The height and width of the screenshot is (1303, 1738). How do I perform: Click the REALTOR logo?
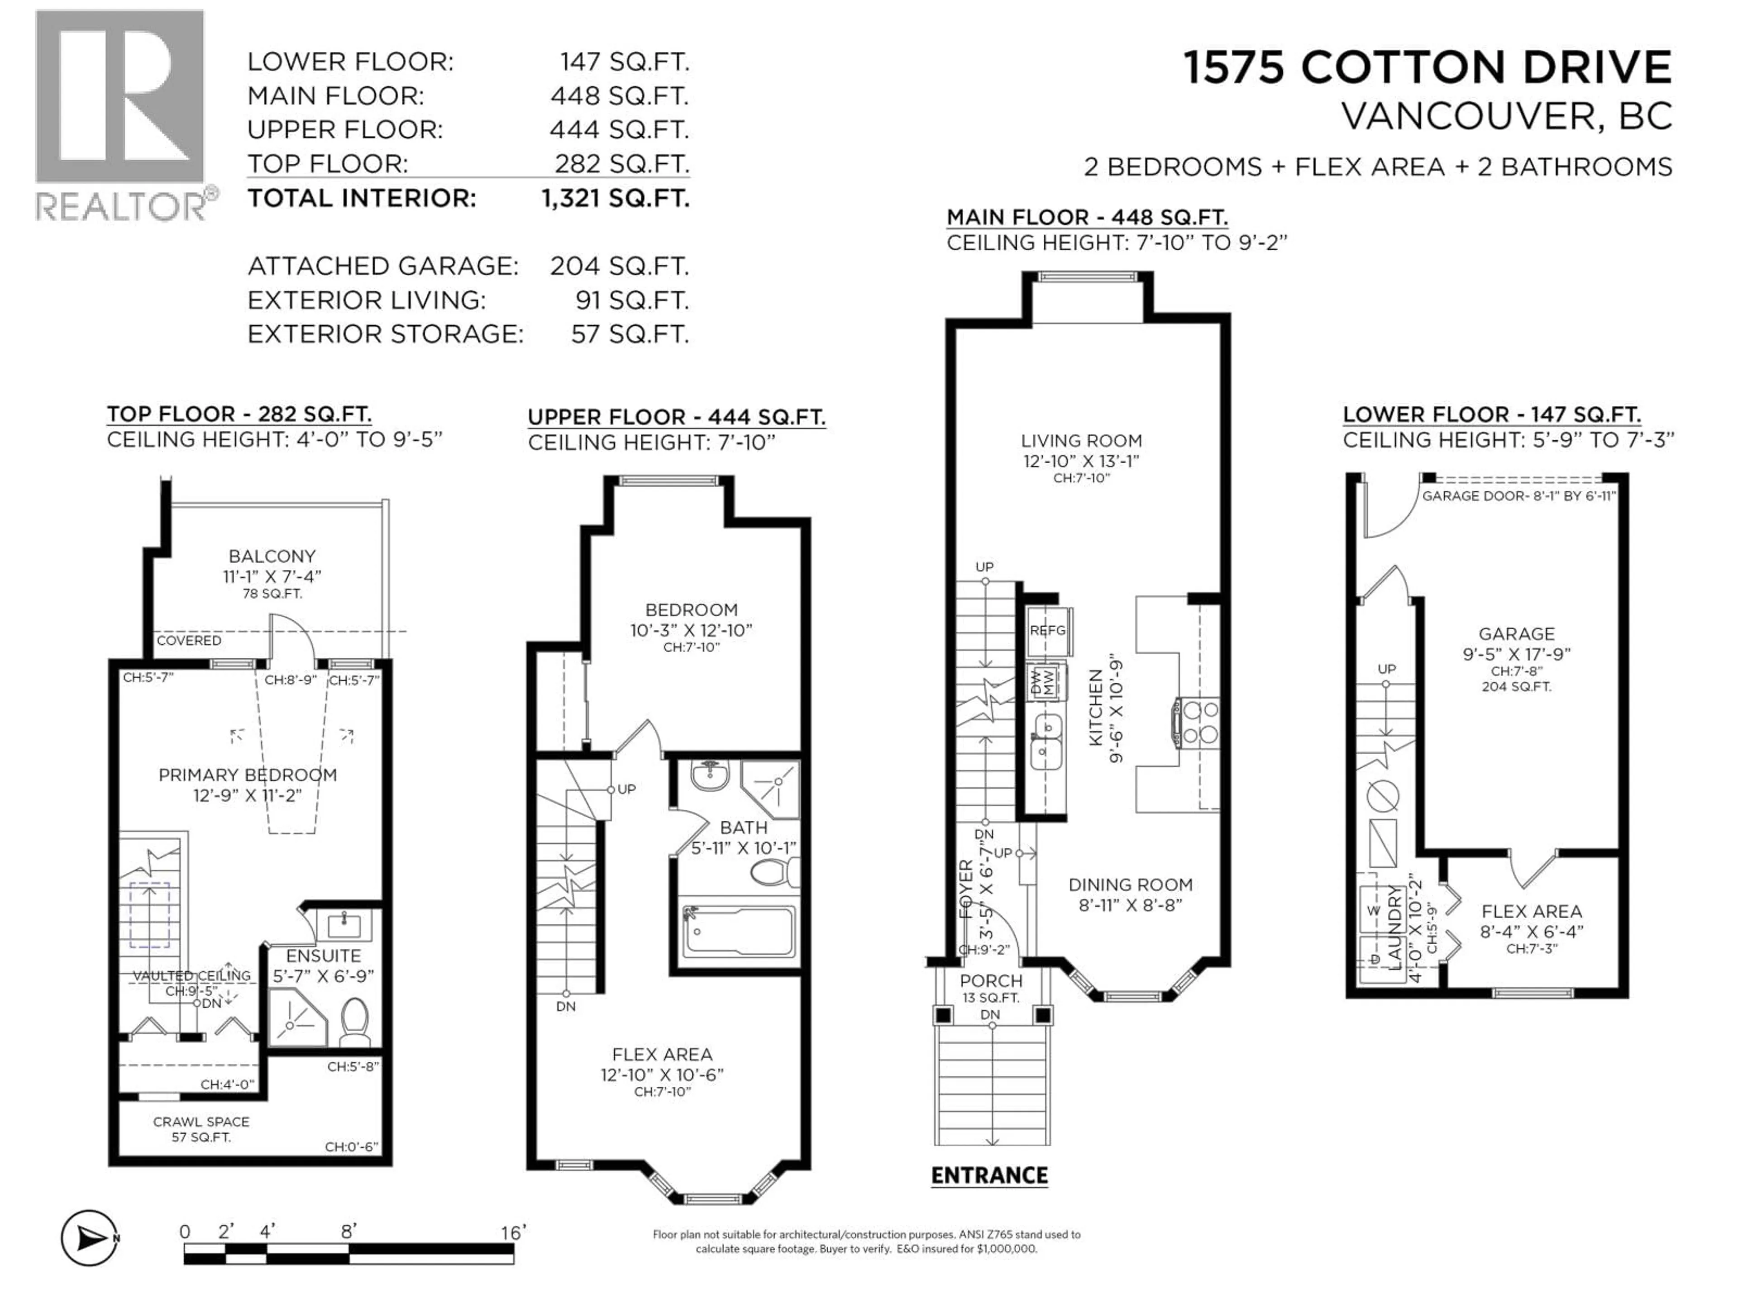point(122,114)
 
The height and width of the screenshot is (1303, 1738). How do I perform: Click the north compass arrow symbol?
point(90,1239)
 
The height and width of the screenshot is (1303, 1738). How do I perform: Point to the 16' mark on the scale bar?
point(512,1232)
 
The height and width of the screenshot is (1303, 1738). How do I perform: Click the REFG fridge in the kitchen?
point(1047,631)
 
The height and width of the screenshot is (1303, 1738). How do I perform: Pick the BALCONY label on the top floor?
point(272,556)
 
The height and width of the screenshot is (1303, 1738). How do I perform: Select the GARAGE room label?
point(1516,634)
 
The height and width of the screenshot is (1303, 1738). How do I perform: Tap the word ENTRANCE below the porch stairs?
point(989,1176)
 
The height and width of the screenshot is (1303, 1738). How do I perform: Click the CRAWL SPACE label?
point(201,1122)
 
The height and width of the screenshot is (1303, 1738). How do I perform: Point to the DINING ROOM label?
point(1130,885)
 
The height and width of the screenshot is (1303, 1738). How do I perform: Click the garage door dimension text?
point(1518,496)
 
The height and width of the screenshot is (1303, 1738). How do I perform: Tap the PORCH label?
point(991,981)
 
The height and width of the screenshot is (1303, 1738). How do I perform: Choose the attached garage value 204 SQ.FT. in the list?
point(619,266)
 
